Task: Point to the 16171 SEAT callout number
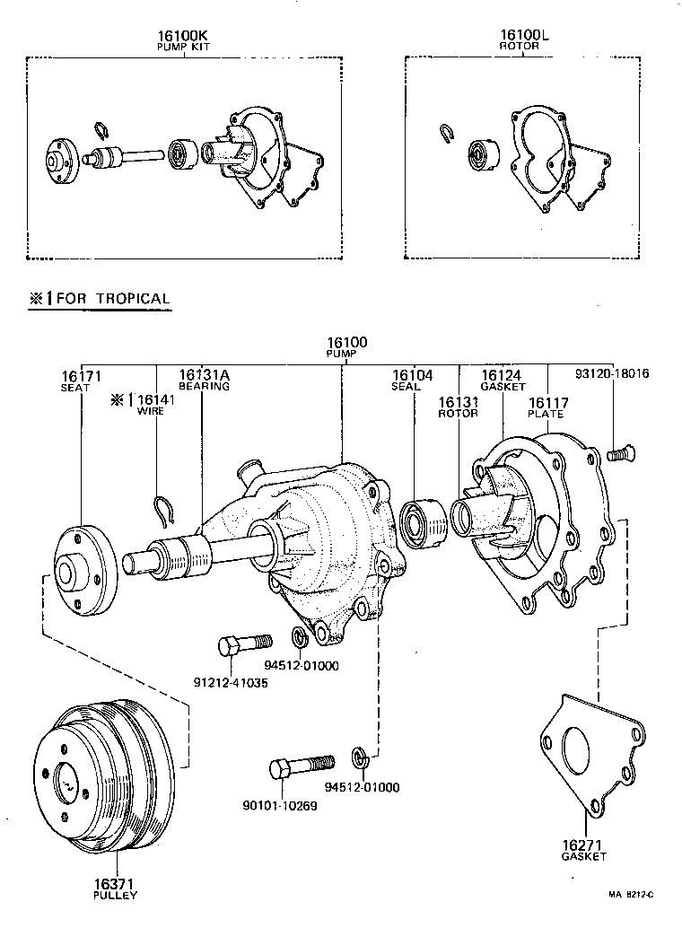tap(81, 375)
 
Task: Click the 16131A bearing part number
tap(203, 375)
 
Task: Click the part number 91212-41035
tap(231, 682)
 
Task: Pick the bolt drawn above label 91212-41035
tap(244, 643)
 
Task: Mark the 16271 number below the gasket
tap(584, 845)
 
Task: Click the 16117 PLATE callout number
tap(546, 402)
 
